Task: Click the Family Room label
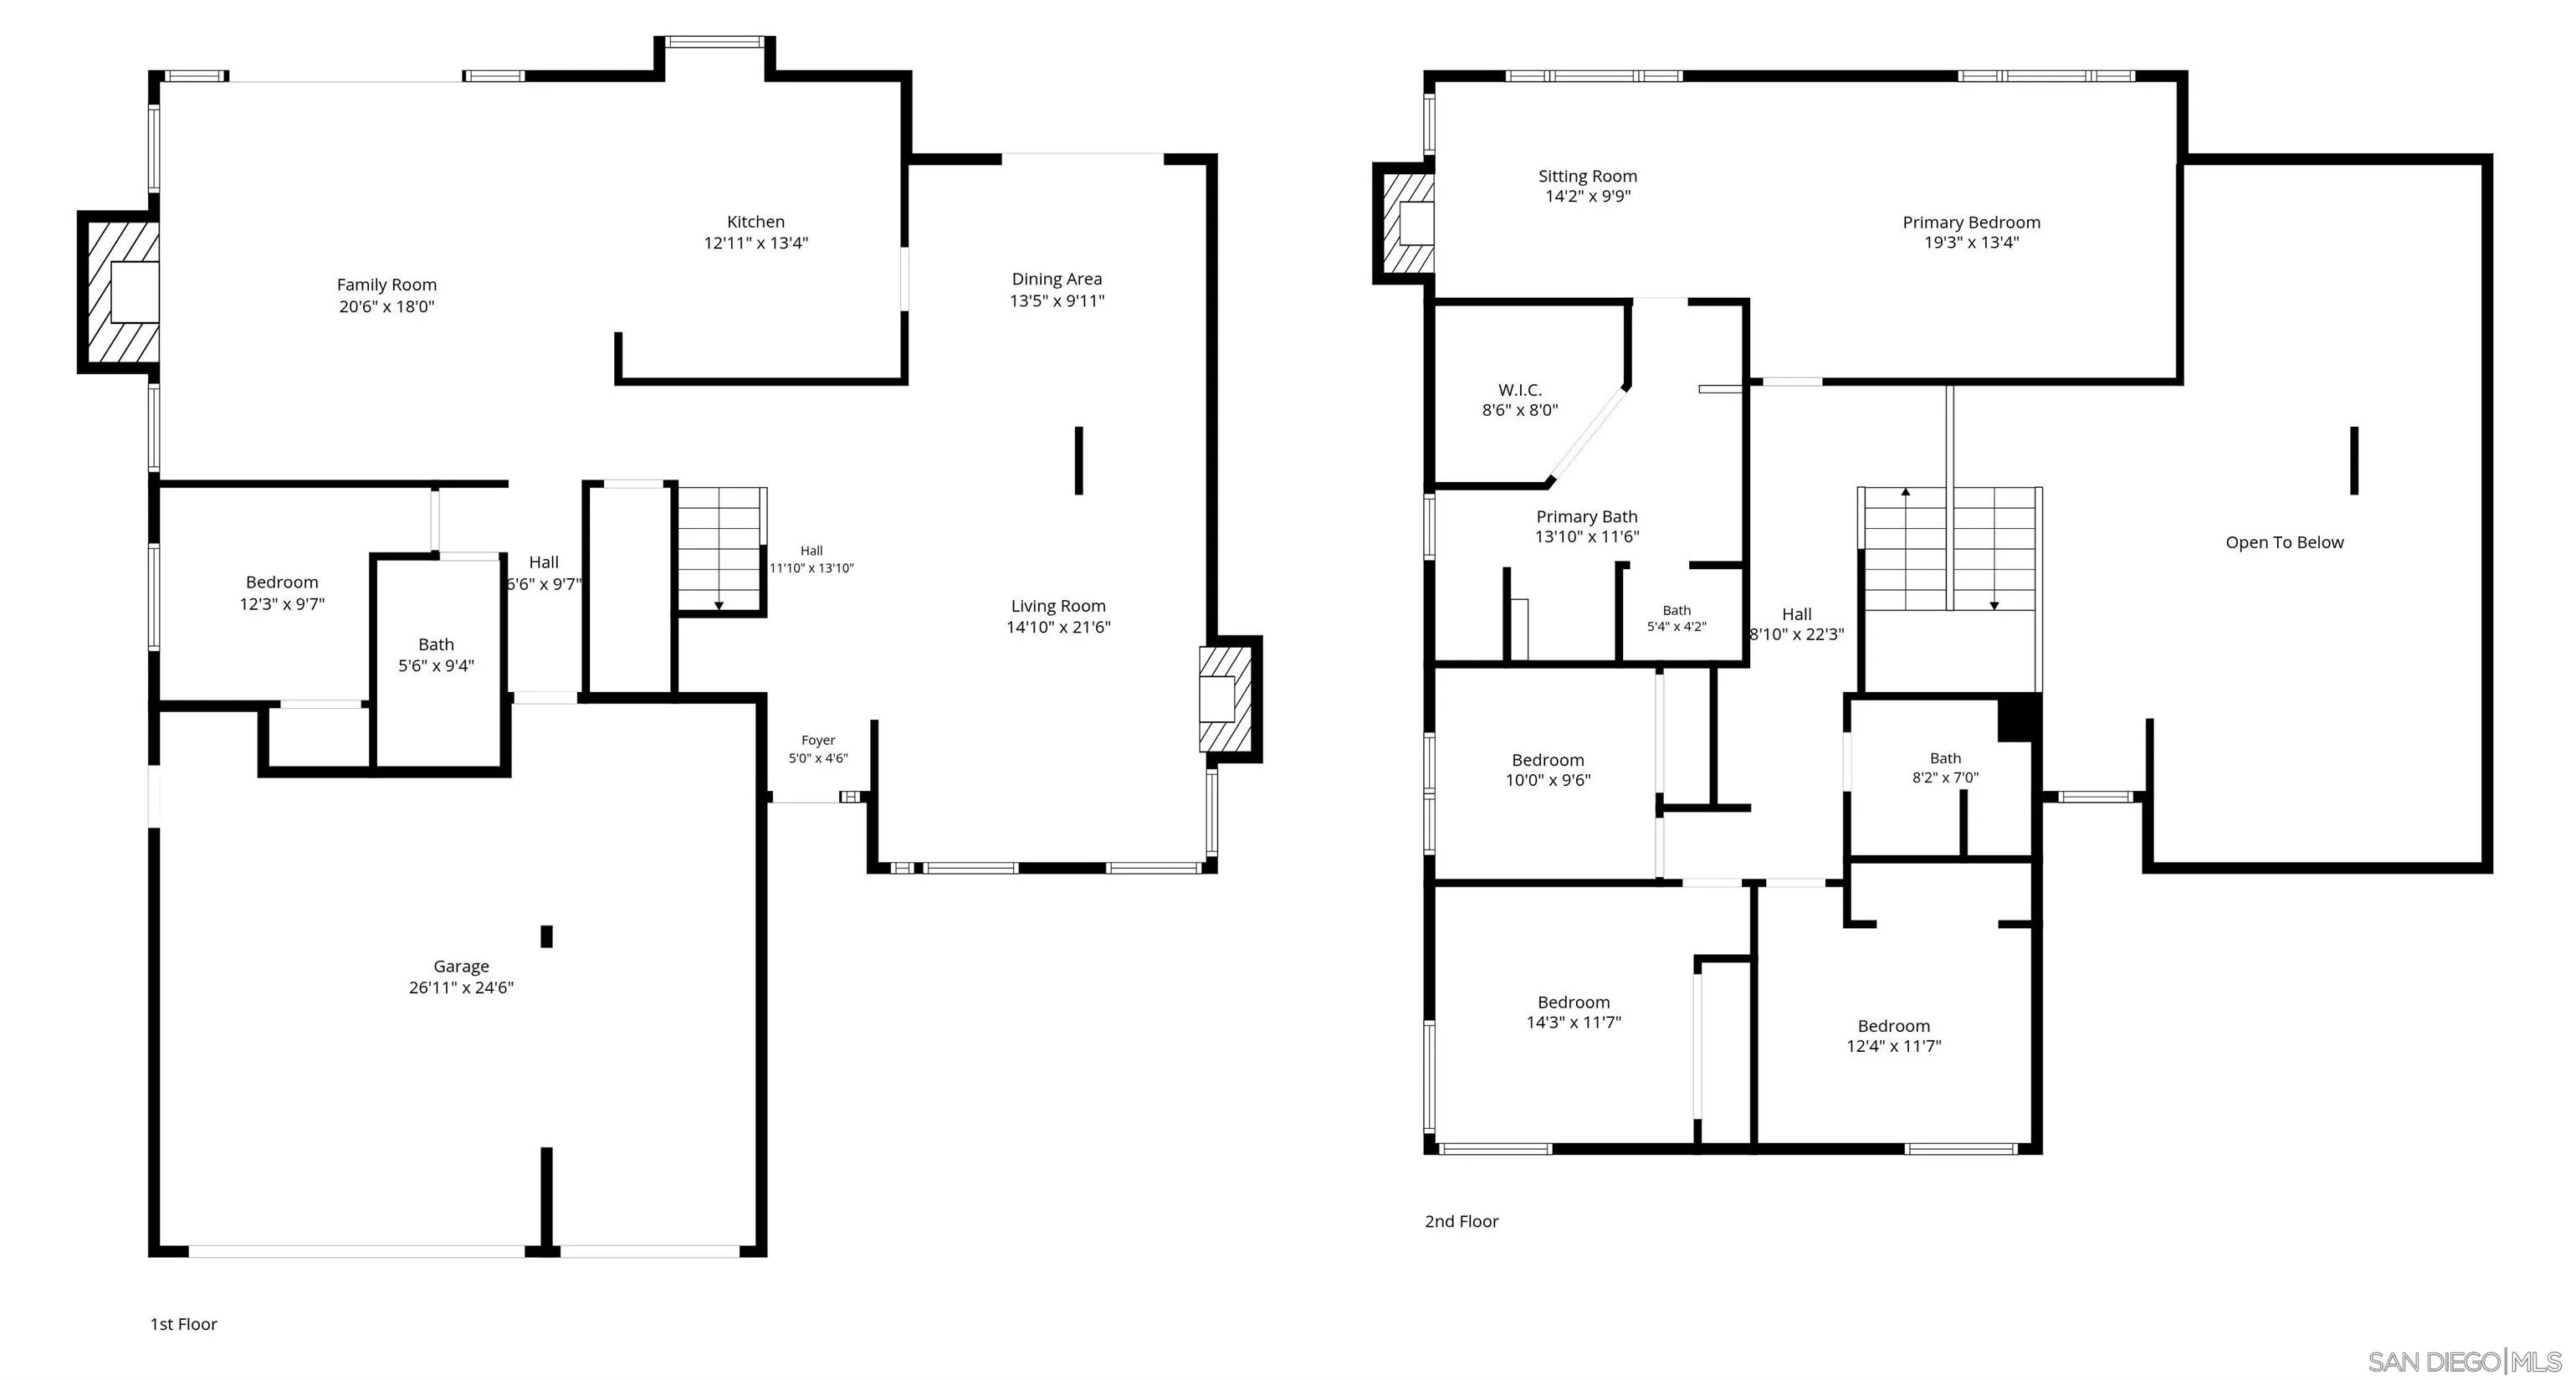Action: point(387,285)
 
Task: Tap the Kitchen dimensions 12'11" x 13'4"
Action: point(756,244)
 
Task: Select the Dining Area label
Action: point(1057,280)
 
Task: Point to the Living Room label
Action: point(1057,606)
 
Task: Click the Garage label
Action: point(461,966)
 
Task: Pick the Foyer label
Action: point(818,741)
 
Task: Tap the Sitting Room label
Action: point(1587,177)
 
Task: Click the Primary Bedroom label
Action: point(1971,223)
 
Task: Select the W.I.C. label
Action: point(1519,390)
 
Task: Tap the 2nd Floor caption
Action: point(1462,1221)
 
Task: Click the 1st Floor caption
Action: point(183,1324)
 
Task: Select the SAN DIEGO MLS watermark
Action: point(2465,1361)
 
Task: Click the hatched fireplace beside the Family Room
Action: point(119,292)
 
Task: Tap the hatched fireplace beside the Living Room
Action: point(1230,699)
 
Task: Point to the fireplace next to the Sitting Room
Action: point(1404,223)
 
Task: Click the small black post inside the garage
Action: point(547,936)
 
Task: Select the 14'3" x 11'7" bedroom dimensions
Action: point(1574,1023)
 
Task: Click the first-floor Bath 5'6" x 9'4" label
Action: point(436,655)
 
